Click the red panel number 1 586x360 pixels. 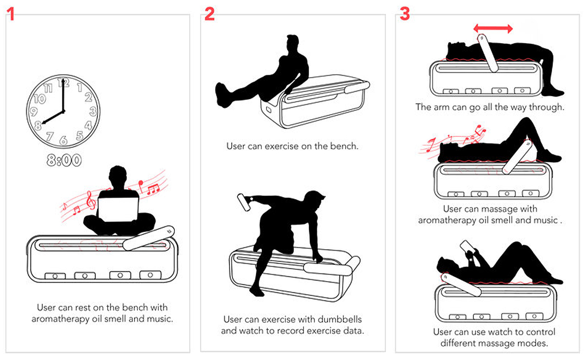(x=10, y=14)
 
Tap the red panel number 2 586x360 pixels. (x=210, y=14)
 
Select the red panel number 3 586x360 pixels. (x=405, y=14)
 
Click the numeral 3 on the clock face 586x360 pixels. (x=93, y=111)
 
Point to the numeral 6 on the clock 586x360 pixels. (x=63, y=141)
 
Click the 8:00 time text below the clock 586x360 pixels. (x=64, y=160)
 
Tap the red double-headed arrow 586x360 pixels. (x=493, y=28)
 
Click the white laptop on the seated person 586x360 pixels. (x=118, y=209)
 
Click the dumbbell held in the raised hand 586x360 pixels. (x=244, y=202)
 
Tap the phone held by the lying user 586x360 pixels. (x=467, y=246)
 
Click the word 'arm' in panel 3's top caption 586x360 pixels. (x=440, y=107)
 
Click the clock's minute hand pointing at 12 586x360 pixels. (x=63, y=95)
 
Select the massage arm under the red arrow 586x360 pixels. (x=488, y=53)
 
